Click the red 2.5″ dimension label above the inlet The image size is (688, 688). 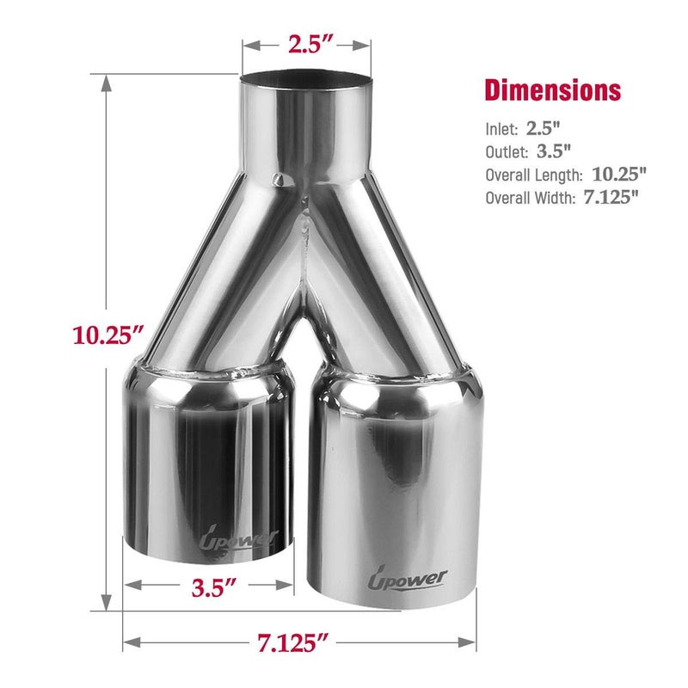click(310, 44)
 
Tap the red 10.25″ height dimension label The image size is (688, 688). click(107, 335)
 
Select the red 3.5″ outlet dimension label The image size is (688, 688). click(213, 587)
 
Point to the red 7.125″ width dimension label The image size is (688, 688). click(292, 642)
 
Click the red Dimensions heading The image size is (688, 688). click(552, 90)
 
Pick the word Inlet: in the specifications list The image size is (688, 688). click(501, 129)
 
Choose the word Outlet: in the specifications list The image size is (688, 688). click(507, 152)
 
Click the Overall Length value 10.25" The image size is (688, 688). click(619, 175)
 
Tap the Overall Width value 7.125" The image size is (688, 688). click(611, 197)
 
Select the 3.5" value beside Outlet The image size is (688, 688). click(554, 151)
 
